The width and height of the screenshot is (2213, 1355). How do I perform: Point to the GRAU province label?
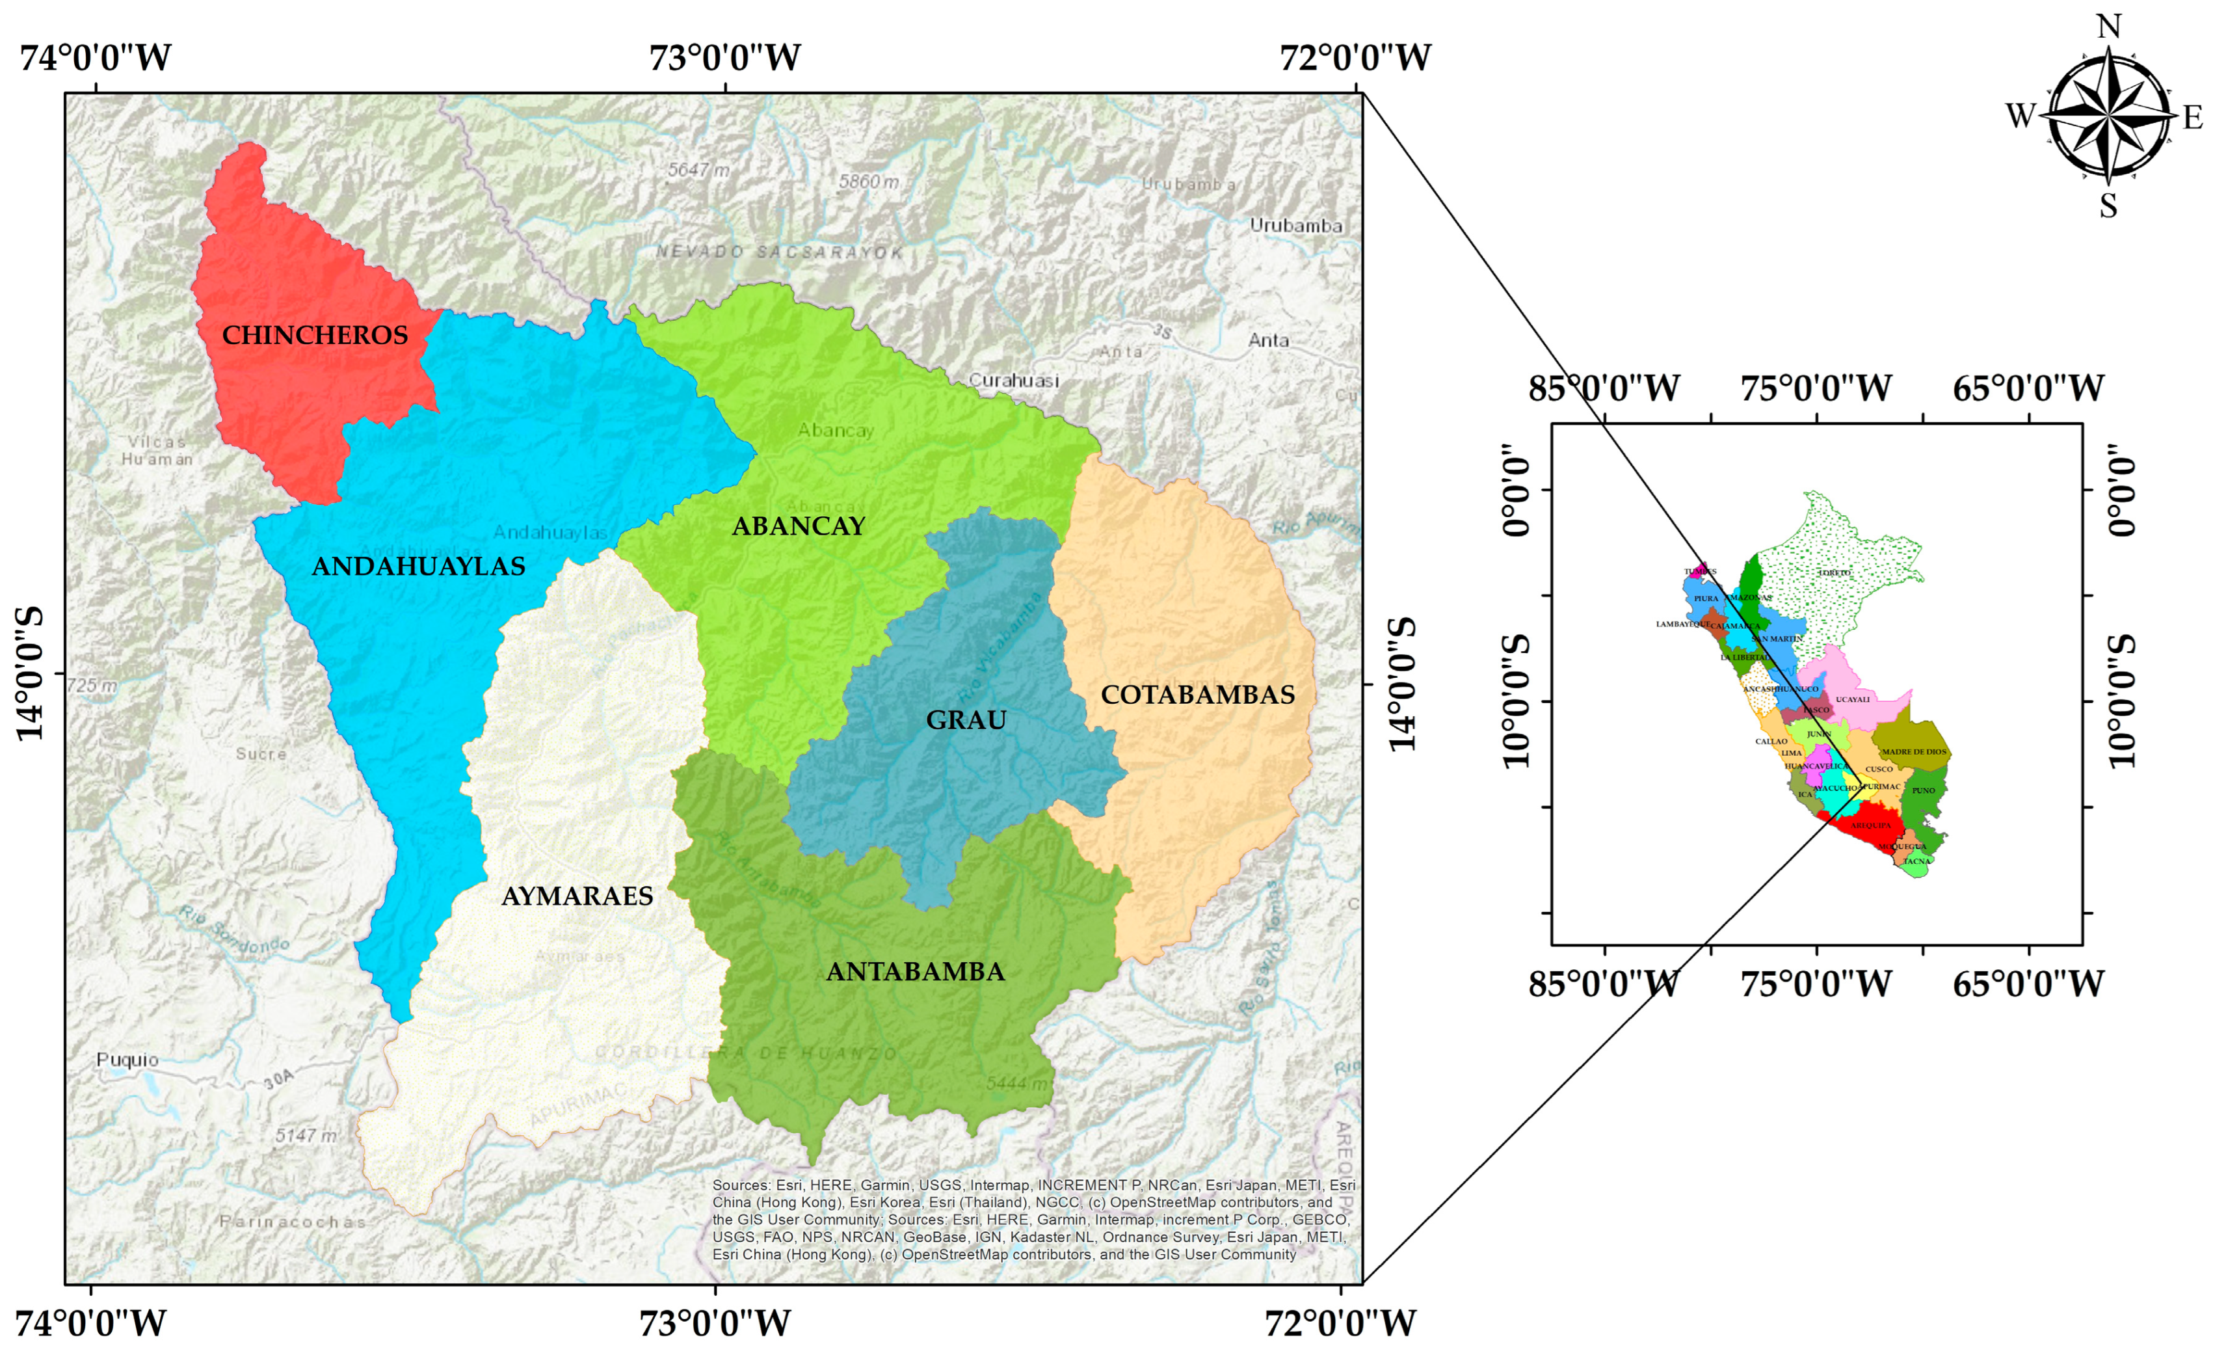click(966, 719)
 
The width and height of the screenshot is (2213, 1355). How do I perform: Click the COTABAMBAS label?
click(1197, 695)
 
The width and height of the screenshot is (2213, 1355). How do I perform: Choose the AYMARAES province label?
click(577, 896)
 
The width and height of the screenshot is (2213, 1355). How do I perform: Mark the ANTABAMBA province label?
click(914, 971)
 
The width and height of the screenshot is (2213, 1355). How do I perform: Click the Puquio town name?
click(127, 1060)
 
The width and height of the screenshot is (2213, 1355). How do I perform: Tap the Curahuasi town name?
click(1013, 380)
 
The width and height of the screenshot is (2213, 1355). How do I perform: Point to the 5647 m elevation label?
click(698, 170)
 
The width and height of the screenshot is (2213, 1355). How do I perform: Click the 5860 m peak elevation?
click(868, 181)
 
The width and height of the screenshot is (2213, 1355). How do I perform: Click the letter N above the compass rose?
click(2109, 27)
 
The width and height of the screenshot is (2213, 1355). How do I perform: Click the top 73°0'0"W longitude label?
click(724, 57)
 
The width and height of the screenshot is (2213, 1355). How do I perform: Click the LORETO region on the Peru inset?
click(1833, 572)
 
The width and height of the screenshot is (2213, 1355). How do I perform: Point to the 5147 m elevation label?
click(306, 1136)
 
